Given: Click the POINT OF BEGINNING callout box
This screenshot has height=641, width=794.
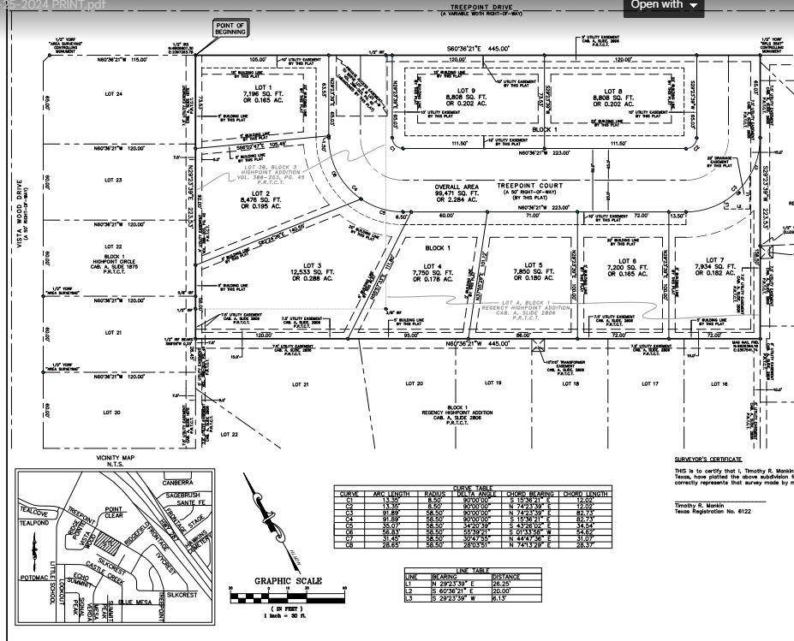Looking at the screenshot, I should tap(230, 29).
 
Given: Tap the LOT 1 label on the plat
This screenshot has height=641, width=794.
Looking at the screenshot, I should tap(257, 87).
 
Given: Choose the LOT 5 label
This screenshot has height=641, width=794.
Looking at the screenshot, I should tap(534, 265).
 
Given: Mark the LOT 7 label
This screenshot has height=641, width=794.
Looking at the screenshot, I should tap(716, 260).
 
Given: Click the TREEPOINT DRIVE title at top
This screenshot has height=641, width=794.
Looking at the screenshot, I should tap(481, 7).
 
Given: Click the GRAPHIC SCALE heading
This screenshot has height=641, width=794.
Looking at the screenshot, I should tap(288, 581).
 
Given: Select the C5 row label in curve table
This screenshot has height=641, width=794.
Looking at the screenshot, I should tap(349, 524).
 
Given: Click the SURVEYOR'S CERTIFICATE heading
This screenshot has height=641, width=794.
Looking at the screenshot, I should tap(707, 460).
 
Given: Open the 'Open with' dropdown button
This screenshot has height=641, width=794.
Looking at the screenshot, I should tap(664, 5).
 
